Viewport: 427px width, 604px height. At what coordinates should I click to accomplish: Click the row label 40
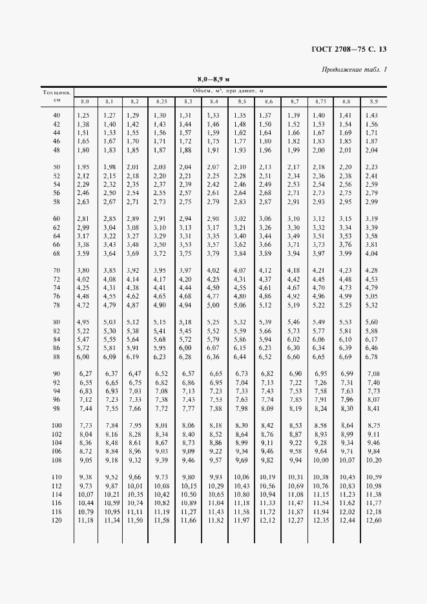click(56, 115)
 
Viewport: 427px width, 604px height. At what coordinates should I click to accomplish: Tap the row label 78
click(56, 304)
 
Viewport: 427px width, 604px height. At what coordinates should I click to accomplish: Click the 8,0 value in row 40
click(83, 115)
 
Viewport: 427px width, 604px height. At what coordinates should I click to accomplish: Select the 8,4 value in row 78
click(213, 304)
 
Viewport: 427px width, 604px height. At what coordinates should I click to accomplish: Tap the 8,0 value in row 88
click(83, 356)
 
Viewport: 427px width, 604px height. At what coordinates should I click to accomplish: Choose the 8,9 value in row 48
click(371, 150)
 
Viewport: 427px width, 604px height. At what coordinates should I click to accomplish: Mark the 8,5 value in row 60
click(240, 218)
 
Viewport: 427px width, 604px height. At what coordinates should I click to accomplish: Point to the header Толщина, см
click(57, 96)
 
